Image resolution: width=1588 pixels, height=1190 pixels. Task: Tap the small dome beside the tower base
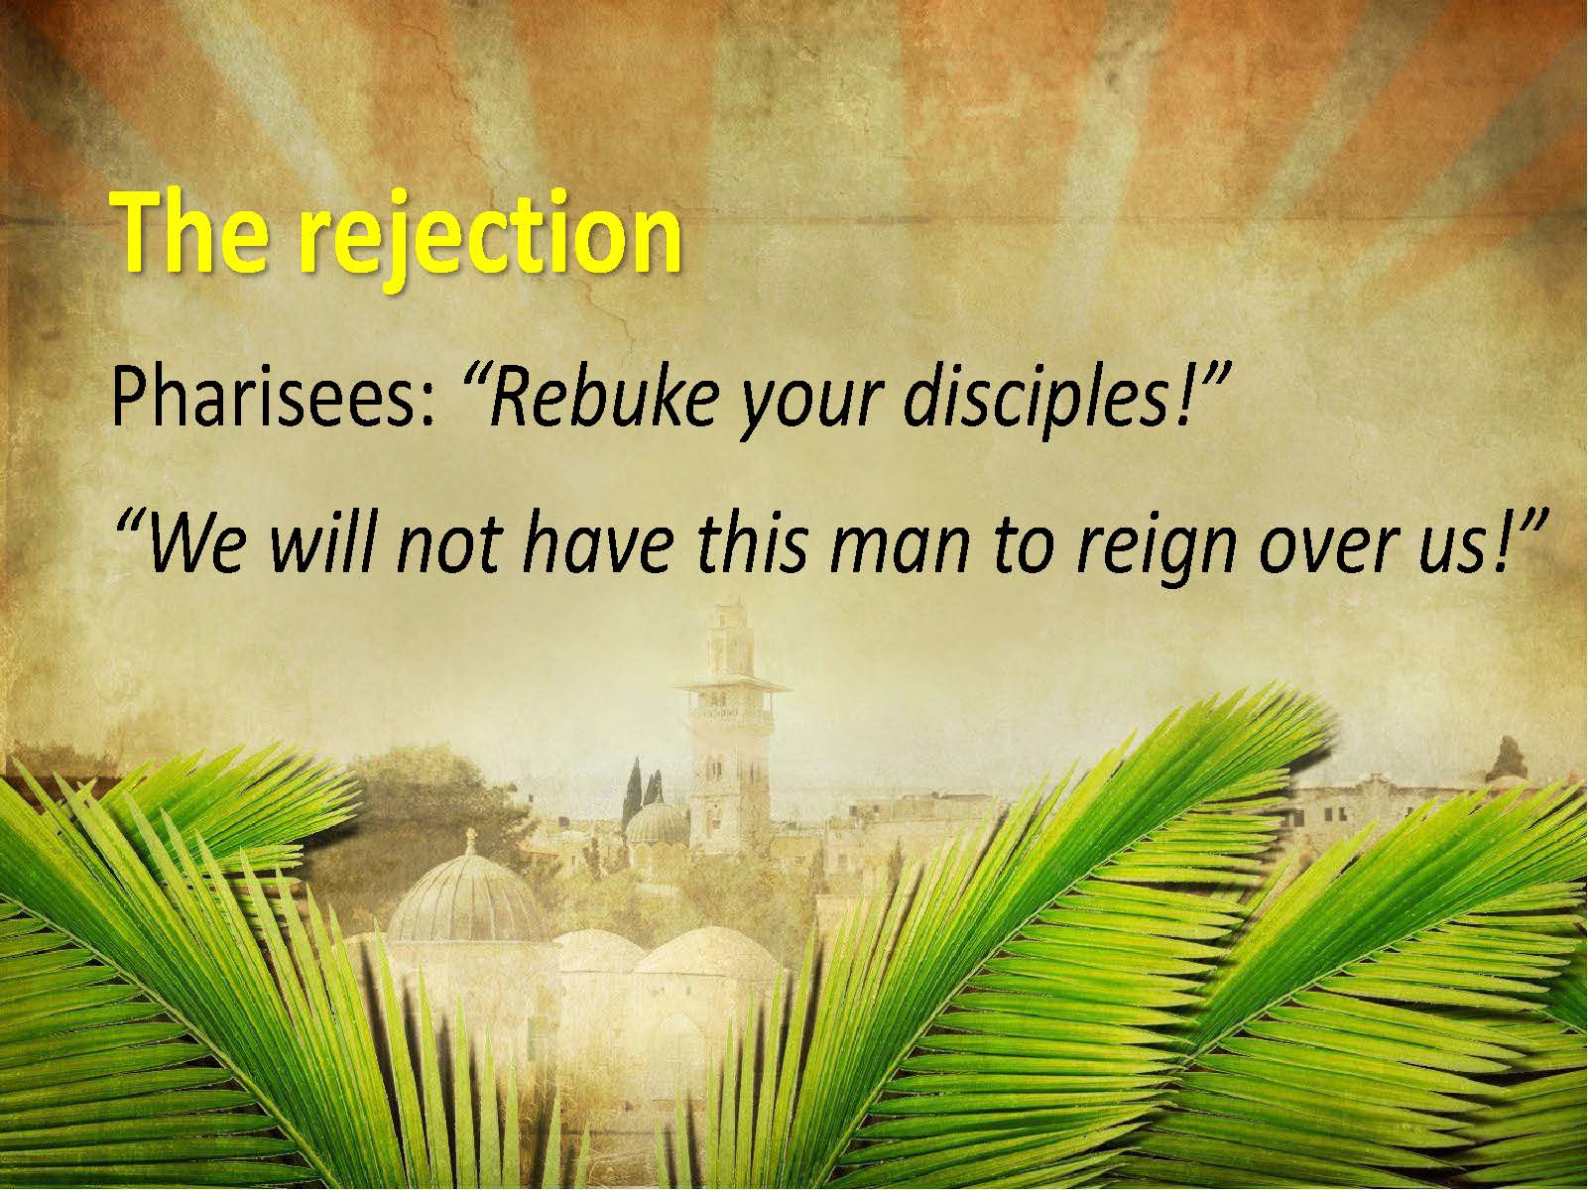[657, 824]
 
